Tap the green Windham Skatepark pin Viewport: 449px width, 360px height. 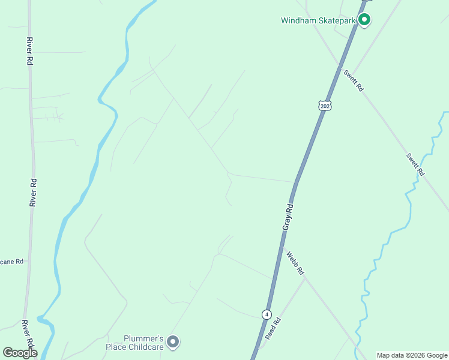364,20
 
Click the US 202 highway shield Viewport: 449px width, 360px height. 325,106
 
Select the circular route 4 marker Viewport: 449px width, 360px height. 267,314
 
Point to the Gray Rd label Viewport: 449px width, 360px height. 288,217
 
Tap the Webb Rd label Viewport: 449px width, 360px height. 295,263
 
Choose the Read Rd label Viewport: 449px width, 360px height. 274,329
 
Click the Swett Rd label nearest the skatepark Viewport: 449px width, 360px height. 354,80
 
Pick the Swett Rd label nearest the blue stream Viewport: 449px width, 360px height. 415,164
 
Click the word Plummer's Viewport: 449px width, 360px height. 144,338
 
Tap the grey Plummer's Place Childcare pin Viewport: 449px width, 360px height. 173,342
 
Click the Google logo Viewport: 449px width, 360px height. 20,353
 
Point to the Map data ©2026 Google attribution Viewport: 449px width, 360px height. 412,355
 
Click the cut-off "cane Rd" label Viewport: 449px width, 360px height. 12,262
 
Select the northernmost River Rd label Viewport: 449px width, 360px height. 29,51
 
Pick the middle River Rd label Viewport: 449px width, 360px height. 33,193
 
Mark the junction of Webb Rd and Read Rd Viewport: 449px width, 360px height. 306,278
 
